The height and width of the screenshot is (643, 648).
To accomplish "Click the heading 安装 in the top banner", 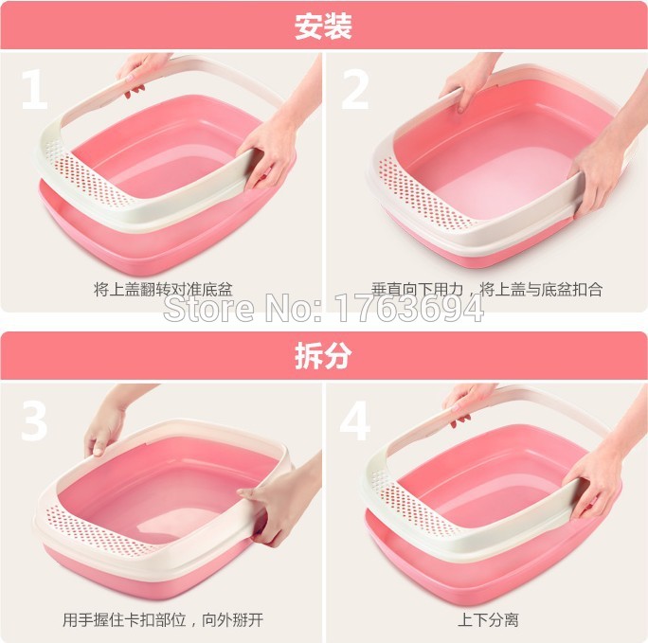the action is (323, 27).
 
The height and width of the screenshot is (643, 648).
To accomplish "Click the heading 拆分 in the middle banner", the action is (323, 355).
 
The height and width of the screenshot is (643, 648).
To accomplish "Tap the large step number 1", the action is (35, 90).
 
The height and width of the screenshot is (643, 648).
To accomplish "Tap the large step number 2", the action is (354, 90).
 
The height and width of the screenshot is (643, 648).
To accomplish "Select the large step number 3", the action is (35, 420).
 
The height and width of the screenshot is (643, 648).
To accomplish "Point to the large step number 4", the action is (354, 420).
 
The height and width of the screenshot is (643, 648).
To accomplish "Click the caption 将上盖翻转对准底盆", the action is (163, 289).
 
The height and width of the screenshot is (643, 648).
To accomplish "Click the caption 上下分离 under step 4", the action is (488, 619).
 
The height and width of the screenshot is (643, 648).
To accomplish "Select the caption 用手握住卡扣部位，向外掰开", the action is (163, 619).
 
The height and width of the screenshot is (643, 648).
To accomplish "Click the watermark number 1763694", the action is (408, 308).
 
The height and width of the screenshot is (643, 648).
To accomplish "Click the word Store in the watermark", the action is (208, 308).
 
